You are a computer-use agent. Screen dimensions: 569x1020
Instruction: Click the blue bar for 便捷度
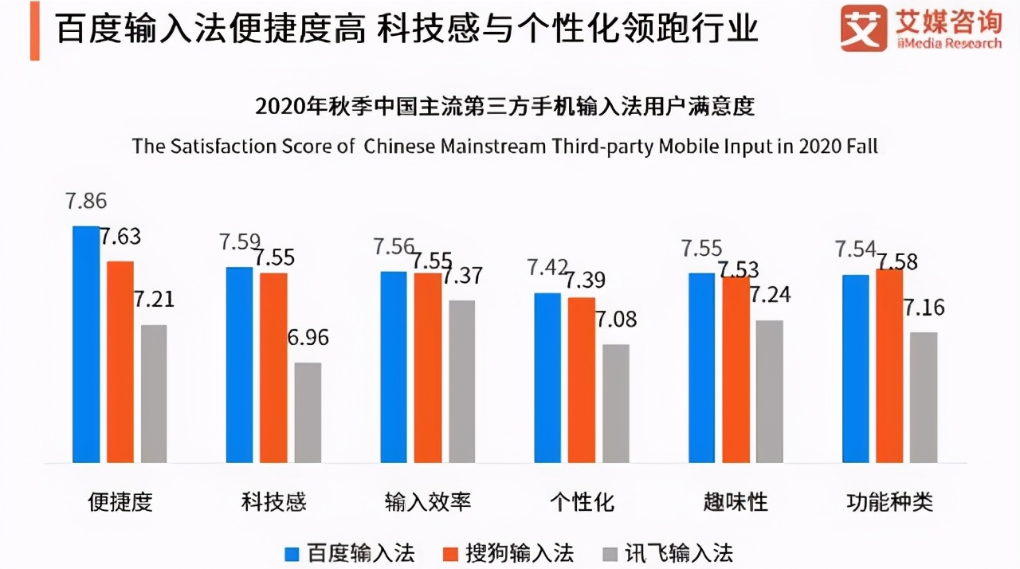point(86,344)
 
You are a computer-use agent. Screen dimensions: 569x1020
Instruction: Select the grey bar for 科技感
point(308,413)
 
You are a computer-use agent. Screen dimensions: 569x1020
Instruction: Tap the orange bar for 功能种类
point(889,366)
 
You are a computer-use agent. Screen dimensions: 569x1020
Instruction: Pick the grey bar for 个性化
point(616,403)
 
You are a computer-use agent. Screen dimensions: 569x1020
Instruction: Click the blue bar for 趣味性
point(702,367)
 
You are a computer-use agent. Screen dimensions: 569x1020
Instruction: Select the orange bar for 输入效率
point(427,367)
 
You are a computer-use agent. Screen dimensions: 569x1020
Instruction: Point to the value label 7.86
point(85,201)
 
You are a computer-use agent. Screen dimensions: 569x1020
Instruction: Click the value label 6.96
point(307,337)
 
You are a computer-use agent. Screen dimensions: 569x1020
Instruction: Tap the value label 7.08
point(615,320)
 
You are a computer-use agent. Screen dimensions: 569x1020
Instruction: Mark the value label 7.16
point(923,307)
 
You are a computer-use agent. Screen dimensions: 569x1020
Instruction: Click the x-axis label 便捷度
point(120,502)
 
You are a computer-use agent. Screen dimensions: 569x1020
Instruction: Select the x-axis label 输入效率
point(428,502)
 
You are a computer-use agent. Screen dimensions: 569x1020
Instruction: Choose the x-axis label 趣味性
point(736,502)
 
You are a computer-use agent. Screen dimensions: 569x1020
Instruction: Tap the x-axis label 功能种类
point(889,502)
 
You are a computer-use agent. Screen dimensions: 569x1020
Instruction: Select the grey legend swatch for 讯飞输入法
point(610,553)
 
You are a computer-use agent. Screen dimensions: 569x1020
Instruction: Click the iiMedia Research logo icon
point(864,28)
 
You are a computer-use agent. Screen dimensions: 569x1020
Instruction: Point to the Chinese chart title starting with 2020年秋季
point(504,106)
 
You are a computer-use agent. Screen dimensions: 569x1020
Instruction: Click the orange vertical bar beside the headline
point(34,30)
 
